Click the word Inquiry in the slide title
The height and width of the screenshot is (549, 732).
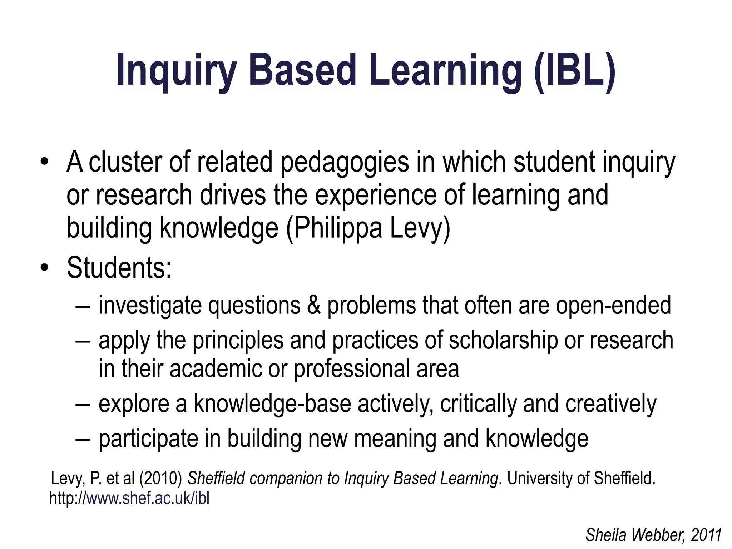tap(177, 70)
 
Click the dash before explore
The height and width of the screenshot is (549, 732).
tap(83, 404)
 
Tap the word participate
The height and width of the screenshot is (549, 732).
tap(148, 439)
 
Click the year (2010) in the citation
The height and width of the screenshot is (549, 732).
tap(161, 478)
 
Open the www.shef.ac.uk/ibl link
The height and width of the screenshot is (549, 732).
tap(148, 498)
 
